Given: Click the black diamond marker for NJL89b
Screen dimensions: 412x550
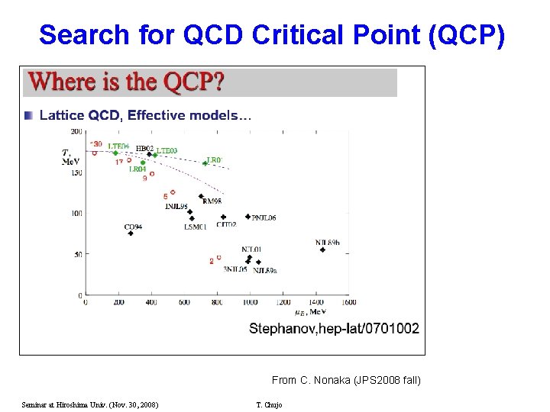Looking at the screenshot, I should click(322, 249).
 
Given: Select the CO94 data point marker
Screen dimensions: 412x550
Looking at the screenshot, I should click(131, 233).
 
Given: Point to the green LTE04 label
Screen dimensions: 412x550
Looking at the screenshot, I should click(118, 145).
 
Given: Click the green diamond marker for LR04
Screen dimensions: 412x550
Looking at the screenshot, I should click(143, 161).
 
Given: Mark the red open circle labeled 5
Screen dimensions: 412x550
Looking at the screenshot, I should click(173, 192).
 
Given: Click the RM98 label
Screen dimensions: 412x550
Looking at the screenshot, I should click(212, 201).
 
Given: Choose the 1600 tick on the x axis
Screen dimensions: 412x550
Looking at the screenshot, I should click(348, 302).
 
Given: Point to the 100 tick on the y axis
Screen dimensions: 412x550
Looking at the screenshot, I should click(77, 213).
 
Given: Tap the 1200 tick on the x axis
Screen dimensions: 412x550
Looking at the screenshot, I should click(283, 302).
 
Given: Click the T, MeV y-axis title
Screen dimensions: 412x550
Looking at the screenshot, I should click(71, 157).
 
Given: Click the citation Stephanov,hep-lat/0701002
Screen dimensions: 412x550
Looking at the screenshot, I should click(334, 329).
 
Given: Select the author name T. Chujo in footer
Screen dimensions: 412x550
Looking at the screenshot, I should click(268, 404).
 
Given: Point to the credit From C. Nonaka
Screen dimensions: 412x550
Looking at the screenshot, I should click(345, 379).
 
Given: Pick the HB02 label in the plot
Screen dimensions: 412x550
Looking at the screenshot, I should click(144, 149).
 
